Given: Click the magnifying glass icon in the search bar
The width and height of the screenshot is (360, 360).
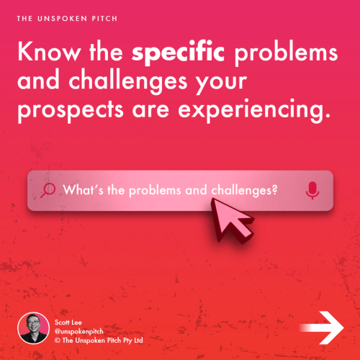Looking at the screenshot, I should pyautogui.click(x=48, y=190).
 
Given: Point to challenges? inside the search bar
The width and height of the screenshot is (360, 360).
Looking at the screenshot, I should pyautogui.click(x=245, y=190).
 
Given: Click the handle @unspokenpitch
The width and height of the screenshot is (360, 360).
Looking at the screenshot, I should pyautogui.click(x=81, y=329).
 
